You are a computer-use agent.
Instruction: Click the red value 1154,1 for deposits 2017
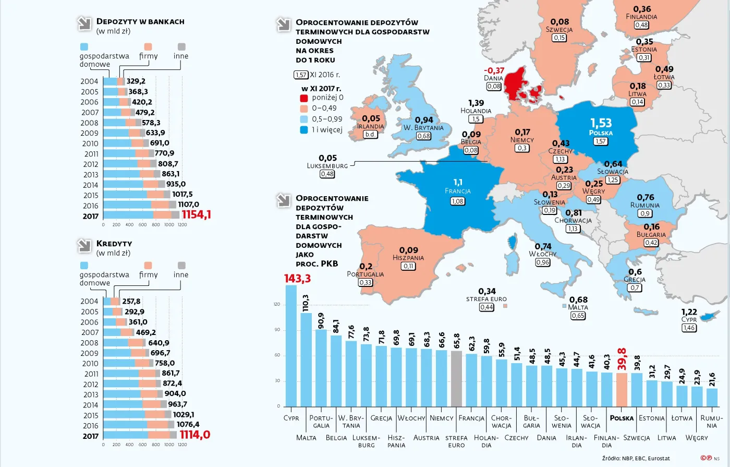click(x=196, y=214)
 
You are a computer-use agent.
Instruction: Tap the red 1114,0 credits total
click(x=195, y=435)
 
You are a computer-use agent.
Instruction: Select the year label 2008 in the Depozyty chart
click(x=89, y=123)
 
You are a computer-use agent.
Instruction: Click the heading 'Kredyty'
click(x=114, y=244)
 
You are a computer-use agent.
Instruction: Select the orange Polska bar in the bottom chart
click(x=622, y=389)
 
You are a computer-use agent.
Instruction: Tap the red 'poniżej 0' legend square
click(x=304, y=98)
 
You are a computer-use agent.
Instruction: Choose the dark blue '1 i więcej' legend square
click(x=304, y=130)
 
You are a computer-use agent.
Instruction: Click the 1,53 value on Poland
click(x=601, y=123)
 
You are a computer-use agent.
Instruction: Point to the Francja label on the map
click(x=457, y=191)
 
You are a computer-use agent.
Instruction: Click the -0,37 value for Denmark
click(x=493, y=71)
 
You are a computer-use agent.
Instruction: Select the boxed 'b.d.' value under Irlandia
click(x=370, y=134)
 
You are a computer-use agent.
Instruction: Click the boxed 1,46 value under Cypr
click(x=689, y=328)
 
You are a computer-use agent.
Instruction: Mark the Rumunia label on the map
click(x=644, y=205)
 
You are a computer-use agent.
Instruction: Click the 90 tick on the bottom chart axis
click(x=276, y=330)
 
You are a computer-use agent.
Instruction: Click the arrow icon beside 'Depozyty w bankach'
click(x=83, y=23)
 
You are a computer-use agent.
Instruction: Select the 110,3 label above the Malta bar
click(x=306, y=303)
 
